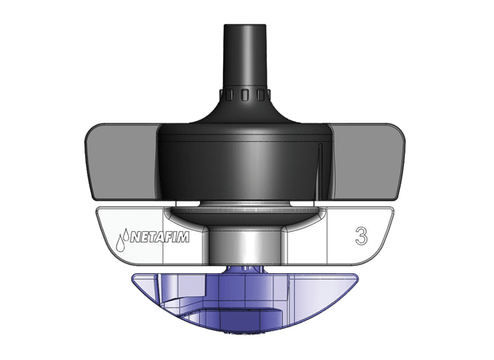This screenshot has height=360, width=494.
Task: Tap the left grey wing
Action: (120, 162)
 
